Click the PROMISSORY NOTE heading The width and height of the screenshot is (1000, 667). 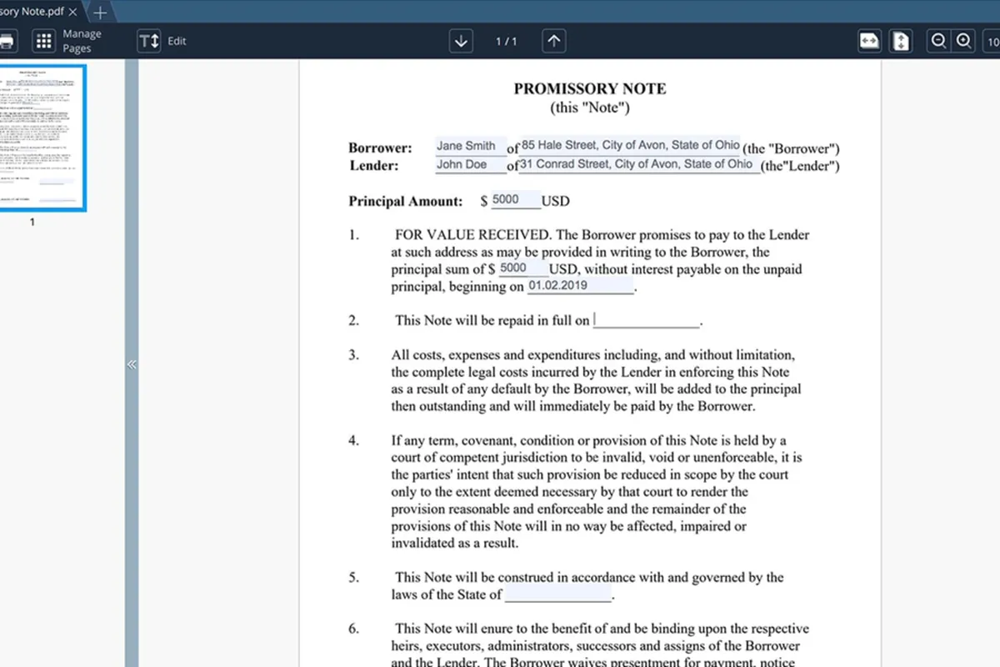point(590,89)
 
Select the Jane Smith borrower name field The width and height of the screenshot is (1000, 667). point(470,147)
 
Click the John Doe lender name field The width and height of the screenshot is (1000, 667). point(470,165)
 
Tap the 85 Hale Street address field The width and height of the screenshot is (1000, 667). point(630,146)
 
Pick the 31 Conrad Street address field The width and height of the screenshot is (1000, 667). point(638,164)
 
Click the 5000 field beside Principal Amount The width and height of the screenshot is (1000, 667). point(515,200)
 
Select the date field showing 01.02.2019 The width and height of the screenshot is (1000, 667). point(580,285)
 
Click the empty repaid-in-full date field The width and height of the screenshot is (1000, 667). point(647,320)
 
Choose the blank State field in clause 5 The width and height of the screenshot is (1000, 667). point(557,595)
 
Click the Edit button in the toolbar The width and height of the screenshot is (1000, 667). point(162,41)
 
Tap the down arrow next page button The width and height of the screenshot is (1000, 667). point(461,41)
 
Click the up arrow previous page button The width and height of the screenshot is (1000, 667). point(554,41)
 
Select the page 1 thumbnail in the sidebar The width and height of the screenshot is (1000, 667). point(41,138)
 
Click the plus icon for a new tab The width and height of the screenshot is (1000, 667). point(100,13)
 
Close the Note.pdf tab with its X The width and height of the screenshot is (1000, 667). point(73,13)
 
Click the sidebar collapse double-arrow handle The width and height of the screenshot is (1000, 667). point(132,364)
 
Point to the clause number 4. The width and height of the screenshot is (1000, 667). point(354,440)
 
